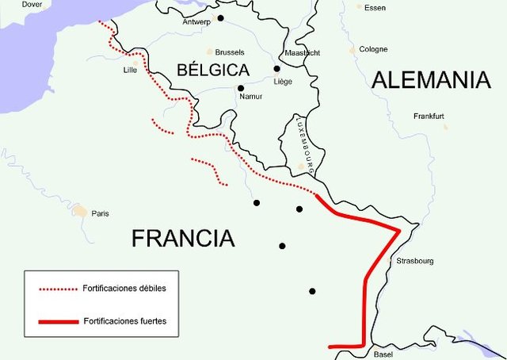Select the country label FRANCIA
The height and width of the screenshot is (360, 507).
(183, 238)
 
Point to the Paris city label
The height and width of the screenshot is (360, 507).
(100, 213)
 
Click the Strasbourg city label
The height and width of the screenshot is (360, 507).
(413, 261)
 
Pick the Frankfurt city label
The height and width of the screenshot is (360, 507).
(429, 117)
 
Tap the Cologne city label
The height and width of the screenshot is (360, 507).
(373, 49)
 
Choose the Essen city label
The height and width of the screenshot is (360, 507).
(375, 7)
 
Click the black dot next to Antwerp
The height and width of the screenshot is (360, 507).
(221, 18)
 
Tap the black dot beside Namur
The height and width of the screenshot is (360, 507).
(240, 88)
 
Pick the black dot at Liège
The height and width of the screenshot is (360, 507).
(276, 68)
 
